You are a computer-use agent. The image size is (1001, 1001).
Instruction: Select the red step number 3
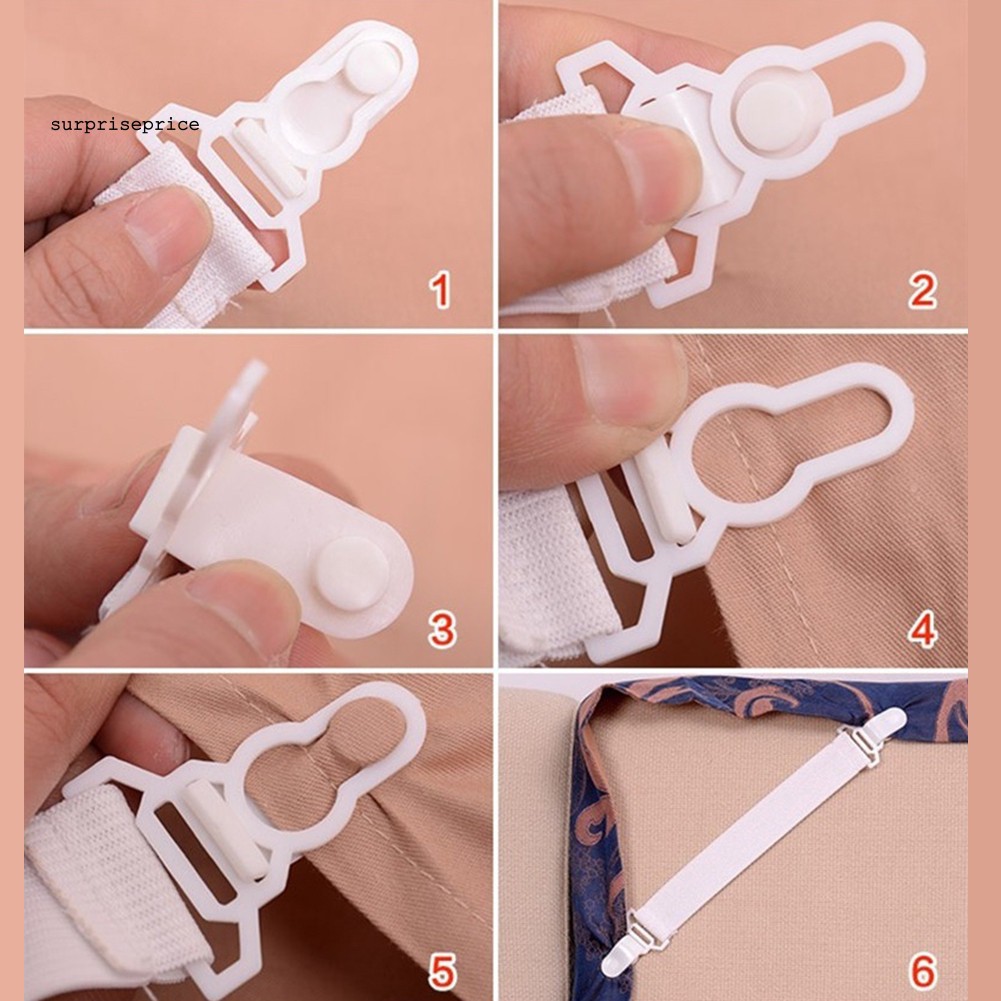point(441,630)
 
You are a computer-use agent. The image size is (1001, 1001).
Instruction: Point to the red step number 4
point(921,630)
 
